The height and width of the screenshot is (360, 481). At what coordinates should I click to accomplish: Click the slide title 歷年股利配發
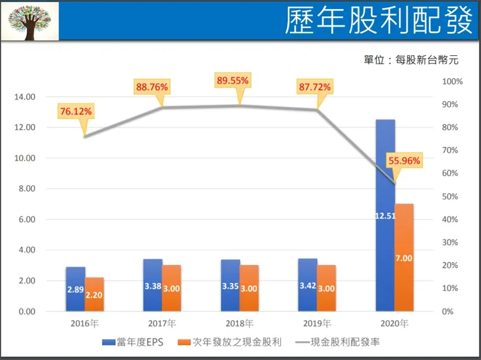pyautogui.click(x=378, y=21)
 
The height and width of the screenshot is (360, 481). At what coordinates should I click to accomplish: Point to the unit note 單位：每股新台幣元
pyautogui.click(x=411, y=60)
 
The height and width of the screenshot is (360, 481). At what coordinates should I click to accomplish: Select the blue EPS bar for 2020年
pyautogui.click(x=385, y=215)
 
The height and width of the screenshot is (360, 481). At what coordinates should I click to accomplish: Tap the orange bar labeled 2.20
pyautogui.click(x=94, y=294)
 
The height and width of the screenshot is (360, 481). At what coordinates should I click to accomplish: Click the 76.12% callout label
pyautogui.click(x=76, y=112)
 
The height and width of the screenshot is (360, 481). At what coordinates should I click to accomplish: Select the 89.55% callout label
pyautogui.click(x=233, y=81)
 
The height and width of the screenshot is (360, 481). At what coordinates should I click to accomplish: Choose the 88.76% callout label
pyautogui.click(x=152, y=86)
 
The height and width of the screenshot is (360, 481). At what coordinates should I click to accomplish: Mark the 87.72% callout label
pyautogui.click(x=314, y=86)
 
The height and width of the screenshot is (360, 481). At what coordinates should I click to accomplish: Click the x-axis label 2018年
pyautogui.click(x=239, y=323)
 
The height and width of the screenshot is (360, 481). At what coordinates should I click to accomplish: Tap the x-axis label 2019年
pyautogui.click(x=317, y=323)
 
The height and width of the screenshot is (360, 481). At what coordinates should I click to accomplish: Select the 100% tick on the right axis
pyautogui.click(x=452, y=81)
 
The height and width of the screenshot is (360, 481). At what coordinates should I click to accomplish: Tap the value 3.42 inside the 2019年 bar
pyautogui.click(x=308, y=285)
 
